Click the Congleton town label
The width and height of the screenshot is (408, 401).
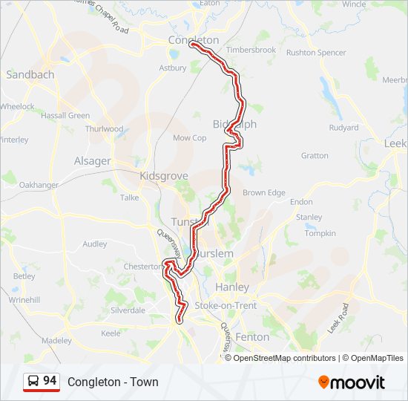194,40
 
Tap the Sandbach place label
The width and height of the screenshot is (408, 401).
30,75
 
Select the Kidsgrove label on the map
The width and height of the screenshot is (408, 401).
164,176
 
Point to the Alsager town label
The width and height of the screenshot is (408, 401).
93,161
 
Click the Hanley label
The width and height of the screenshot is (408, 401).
231,287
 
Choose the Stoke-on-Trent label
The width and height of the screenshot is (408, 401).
226,306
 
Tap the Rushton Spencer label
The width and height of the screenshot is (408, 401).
316,53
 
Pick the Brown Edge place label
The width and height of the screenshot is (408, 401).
264,193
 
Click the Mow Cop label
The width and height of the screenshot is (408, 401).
190,138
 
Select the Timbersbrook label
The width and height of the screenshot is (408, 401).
251,50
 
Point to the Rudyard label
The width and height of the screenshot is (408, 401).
343,128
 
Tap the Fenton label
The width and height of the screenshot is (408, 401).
252,336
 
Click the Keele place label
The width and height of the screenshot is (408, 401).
111,333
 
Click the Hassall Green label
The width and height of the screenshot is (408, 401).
65,116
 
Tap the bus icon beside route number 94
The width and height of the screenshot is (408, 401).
33,382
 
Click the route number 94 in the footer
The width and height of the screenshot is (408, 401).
50,381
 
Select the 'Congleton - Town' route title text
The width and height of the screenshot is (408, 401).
113,382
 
